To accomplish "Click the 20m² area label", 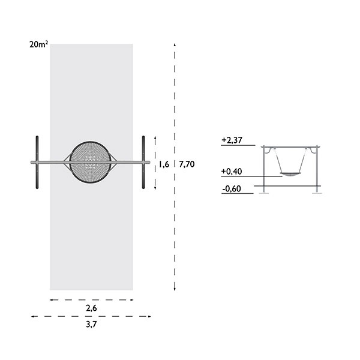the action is click(x=39, y=44).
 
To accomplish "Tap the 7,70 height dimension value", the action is click(x=187, y=164).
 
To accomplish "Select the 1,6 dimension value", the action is click(x=164, y=164).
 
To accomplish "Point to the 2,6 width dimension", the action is click(x=91, y=308).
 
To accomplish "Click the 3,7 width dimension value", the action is click(x=91, y=325).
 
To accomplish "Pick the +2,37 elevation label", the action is click(x=232, y=140).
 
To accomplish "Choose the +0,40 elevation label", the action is click(x=232, y=172).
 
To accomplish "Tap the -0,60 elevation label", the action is click(x=232, y=189).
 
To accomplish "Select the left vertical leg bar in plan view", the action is click(x=37, y=163).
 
